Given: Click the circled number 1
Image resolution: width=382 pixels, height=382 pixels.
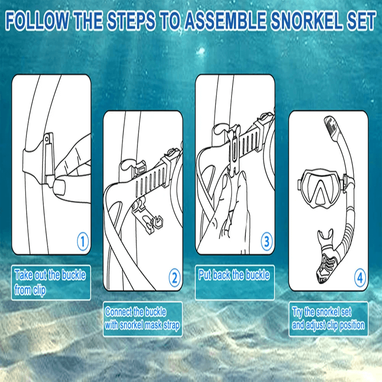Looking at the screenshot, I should coord(83,242).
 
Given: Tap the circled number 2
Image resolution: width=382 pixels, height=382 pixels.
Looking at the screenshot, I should coord(174,276).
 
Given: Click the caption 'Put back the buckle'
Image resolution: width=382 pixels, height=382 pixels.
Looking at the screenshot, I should coord(234,276).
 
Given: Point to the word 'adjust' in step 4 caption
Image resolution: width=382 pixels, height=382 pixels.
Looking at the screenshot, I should coord(320,325).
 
